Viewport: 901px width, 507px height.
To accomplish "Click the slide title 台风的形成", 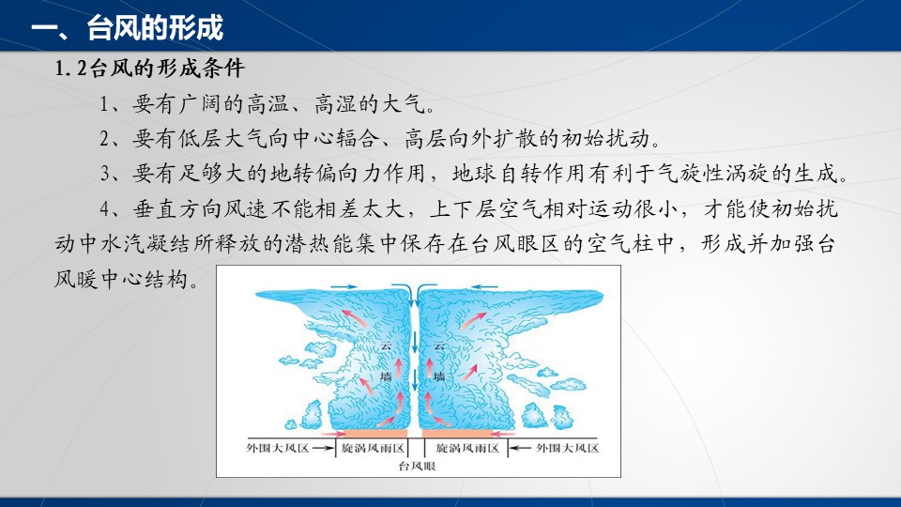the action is (x=155, y=27).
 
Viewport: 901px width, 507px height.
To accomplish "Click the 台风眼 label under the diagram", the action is (x=417, y=467).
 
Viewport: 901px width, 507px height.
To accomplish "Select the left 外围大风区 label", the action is (x=278, y=448).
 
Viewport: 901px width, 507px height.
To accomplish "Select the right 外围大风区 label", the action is (x=567, y=448).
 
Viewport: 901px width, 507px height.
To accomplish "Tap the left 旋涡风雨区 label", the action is (x=373, y=448).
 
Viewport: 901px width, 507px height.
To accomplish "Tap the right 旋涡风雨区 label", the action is (x=467, y=448).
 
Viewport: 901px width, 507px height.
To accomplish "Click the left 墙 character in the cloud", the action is (x=386, y=376).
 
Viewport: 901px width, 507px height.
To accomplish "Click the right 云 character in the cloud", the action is (x=439, y=346).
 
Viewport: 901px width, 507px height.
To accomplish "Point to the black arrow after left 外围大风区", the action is (x=324, y=448).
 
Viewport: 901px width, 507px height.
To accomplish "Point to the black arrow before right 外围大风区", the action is (x=521, y=448).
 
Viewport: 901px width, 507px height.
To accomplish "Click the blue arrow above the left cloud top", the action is (x=344, y=285).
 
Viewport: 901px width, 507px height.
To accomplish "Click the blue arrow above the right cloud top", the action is (x=484, y=285).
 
